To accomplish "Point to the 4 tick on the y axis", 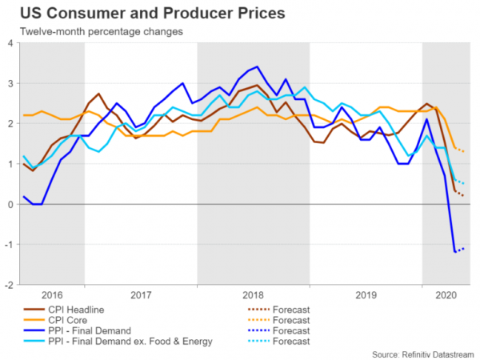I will pos(10,42).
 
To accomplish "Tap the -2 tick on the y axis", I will pos(8,284).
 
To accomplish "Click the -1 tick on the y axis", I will pos(8,244).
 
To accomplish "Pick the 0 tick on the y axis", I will pos(10,204).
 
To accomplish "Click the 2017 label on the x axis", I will pos(141,294).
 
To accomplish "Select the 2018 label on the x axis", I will pos(254,294).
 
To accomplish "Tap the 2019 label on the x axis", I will pos(366,294).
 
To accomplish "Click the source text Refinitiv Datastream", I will pos(423,354).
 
